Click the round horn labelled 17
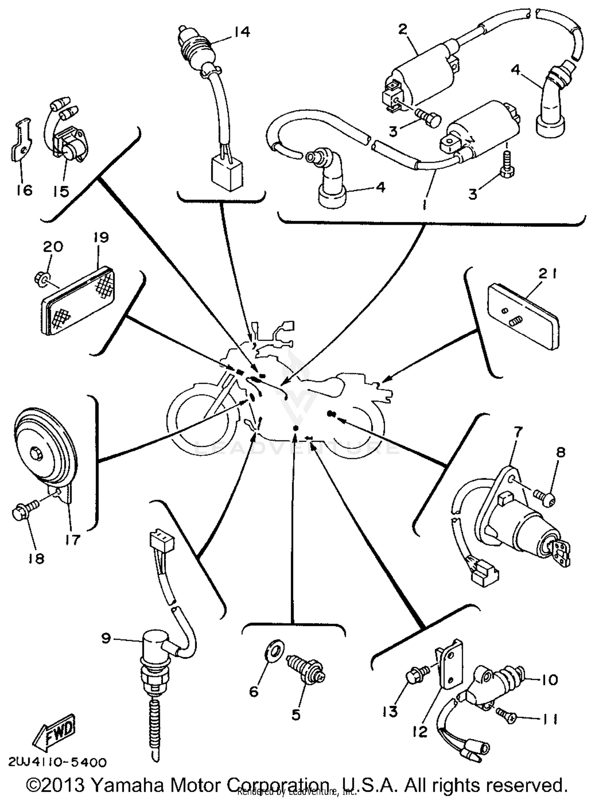pos(44,450)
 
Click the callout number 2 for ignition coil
pos(403,29)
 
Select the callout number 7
pos(518,431)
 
